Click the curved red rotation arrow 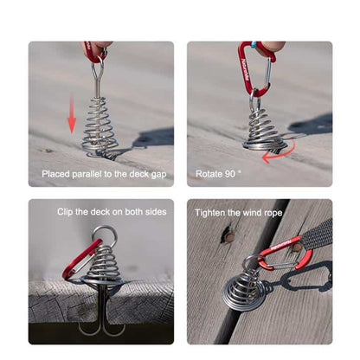point(281,154)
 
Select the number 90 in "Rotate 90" point(231,174)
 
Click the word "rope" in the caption point(273,213)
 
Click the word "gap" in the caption point(158,175)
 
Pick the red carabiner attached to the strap point(286,254)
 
